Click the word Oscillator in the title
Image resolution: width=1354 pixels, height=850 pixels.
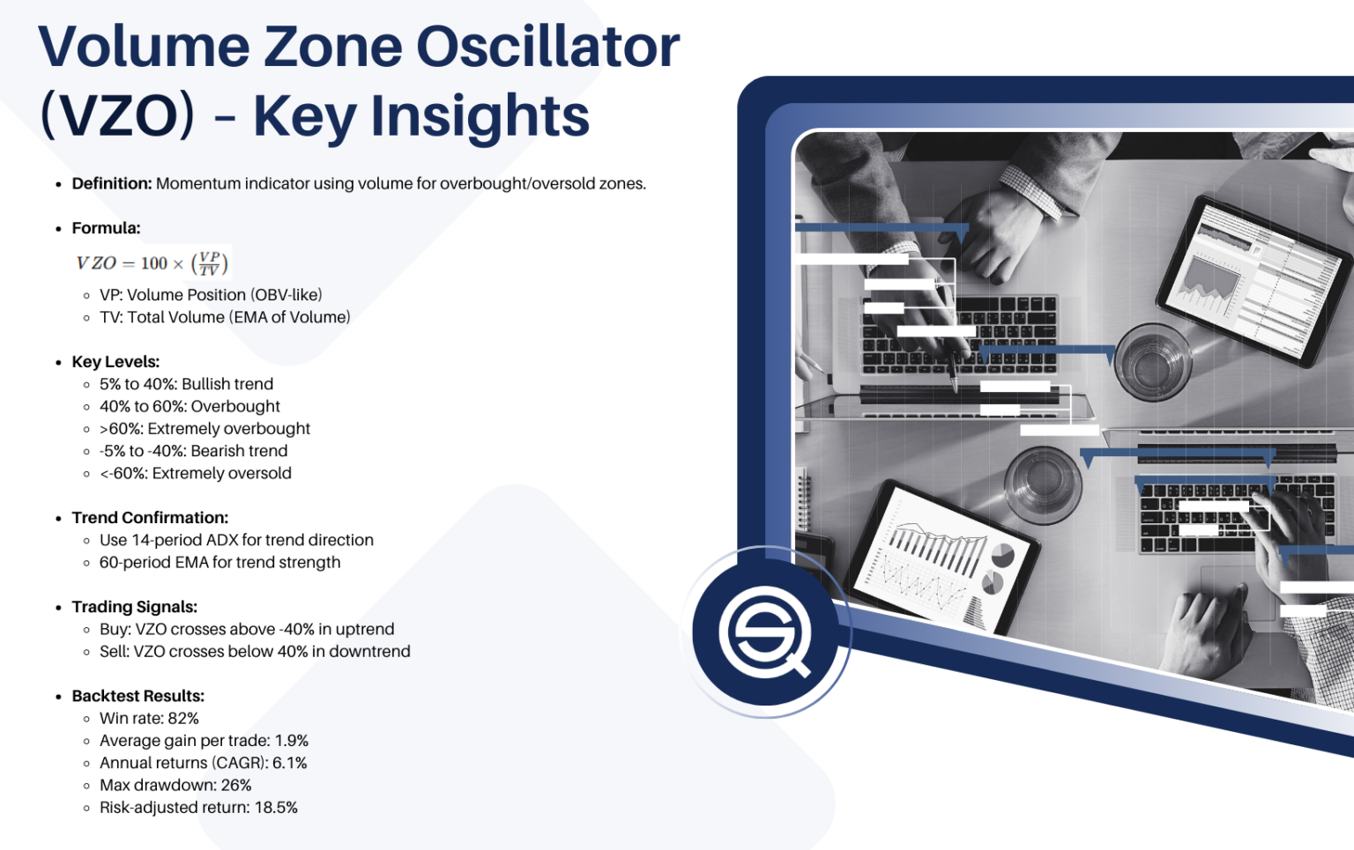[x=547, y=47]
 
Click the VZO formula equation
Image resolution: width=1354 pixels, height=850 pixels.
[x=152, y=262]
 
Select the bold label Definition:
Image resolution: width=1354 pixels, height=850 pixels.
[x=112, y=183]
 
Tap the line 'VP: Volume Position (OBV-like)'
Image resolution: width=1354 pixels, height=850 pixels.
[x=211, y=295]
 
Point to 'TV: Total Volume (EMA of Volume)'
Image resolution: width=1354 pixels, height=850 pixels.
[x=225, y=317]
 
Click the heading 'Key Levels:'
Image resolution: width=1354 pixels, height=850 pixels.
[x=115, y=362]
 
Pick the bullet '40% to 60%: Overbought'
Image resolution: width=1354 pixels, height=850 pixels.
[x=190, y=406]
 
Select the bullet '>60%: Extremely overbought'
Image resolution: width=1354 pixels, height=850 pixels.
[x=205, y=429]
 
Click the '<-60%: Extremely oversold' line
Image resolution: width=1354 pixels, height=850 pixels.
[x=195, y=473]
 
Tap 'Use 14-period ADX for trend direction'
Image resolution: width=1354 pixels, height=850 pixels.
[x=236, y=540]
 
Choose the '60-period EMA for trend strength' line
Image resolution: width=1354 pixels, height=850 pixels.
[x=219, y=562]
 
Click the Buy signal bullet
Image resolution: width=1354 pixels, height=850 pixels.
[x=247, y=629]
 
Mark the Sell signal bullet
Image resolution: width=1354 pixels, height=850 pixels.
[x=255, y=651]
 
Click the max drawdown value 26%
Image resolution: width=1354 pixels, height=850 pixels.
[x=235, y=785]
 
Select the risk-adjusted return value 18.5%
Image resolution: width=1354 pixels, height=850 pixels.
[x=276, y=808]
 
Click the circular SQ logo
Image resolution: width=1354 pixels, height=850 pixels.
[x=764, y=632]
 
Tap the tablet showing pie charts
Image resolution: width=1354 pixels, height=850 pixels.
[x=941, y=557]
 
